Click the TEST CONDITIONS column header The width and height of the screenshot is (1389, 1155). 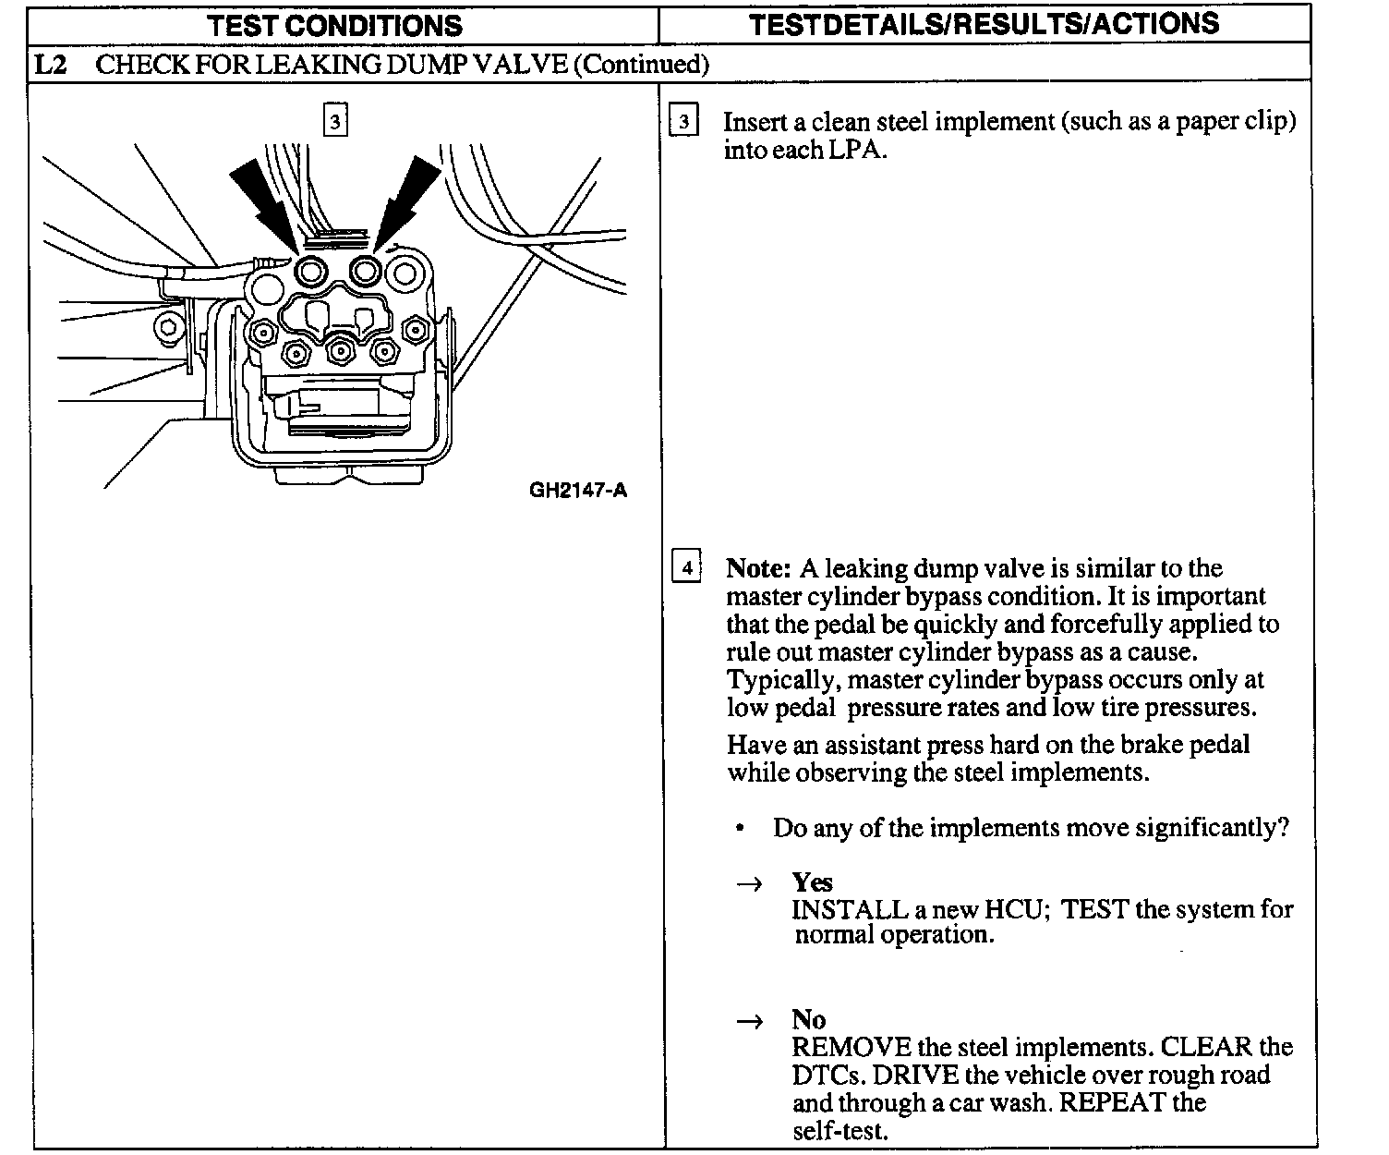[334, 25]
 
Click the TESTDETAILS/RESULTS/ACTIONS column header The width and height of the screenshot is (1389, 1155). [984, 24]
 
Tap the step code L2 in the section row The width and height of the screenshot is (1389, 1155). [51, 64]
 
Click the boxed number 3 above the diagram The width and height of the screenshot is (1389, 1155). [335, 120]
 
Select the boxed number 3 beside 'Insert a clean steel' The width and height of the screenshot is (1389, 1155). [683, 122]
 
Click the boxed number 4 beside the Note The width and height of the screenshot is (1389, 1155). [686, 566]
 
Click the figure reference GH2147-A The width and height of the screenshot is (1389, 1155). [577, 490]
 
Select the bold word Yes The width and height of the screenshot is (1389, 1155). [812, 881]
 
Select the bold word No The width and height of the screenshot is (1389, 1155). [808, 1019]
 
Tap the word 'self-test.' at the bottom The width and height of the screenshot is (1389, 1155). [839, 1130]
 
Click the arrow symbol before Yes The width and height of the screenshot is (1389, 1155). [749, 884]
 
